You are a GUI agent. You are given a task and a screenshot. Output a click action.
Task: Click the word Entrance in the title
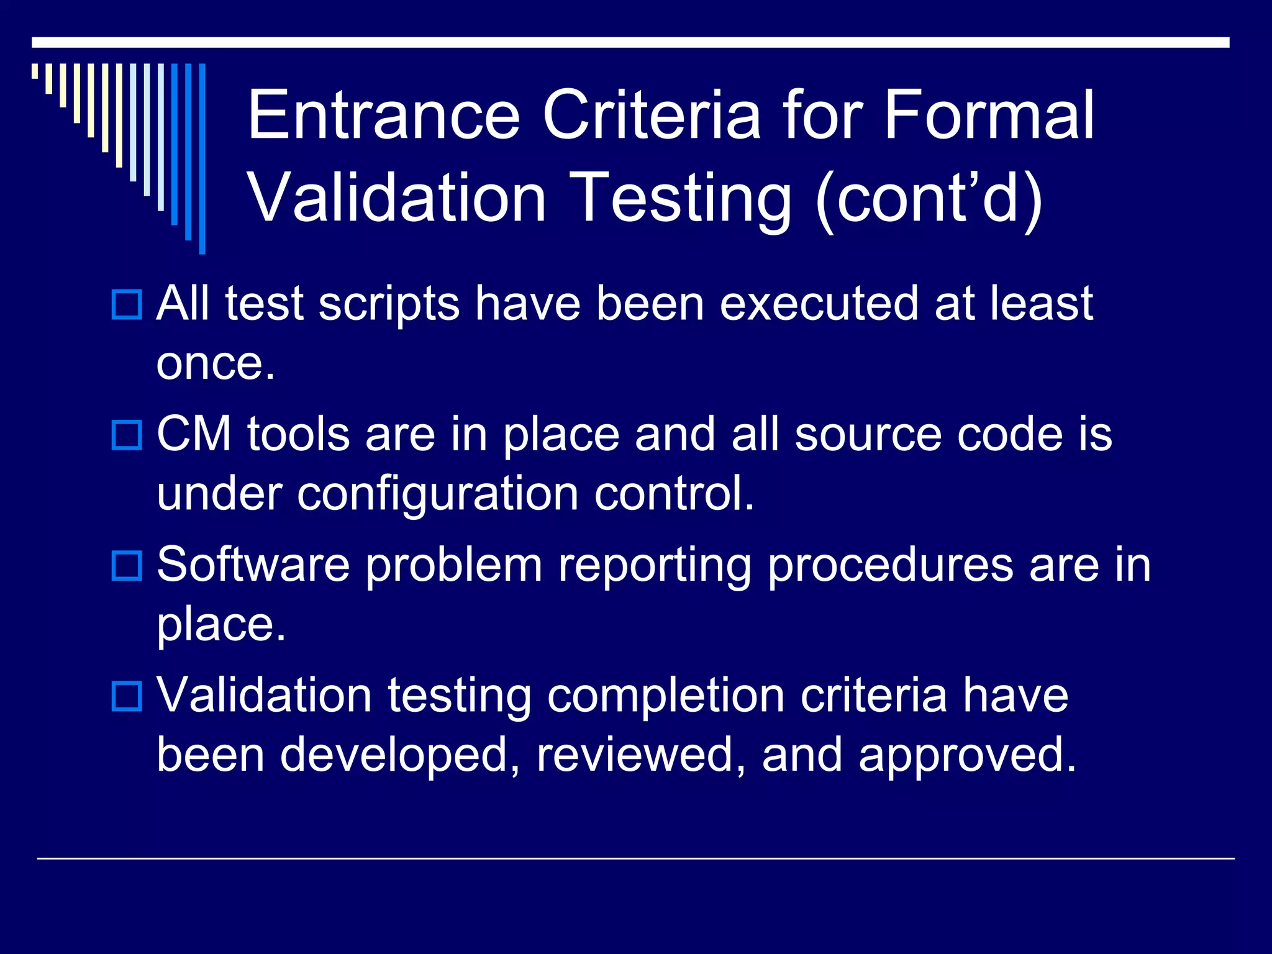(x=383, y=115)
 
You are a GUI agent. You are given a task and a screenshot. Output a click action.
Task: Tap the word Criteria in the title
(x=652, y=115)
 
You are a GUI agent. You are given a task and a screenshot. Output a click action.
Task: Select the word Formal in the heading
(x=989, y=115)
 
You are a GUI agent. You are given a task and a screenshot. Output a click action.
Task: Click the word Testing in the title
(x=680, y=198)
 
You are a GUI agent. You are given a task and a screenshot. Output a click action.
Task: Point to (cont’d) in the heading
(x=929, y=198)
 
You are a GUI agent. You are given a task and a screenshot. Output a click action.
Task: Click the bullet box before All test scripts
(x=127, y=304)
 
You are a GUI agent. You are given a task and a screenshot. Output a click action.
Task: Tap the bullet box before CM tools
(x=127, y=435)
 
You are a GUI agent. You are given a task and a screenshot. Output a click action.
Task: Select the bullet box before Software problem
(x=127, y=565)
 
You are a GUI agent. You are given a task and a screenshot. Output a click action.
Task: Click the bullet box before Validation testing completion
(x=127, y=696)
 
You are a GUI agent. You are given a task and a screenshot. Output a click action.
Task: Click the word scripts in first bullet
(x=389, y=304)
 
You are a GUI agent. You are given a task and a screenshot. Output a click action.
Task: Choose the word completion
(x=666, y=696)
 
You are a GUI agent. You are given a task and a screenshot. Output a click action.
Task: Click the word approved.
(x=966, y=756)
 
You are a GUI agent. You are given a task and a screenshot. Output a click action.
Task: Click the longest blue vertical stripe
(x=202, y=158)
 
